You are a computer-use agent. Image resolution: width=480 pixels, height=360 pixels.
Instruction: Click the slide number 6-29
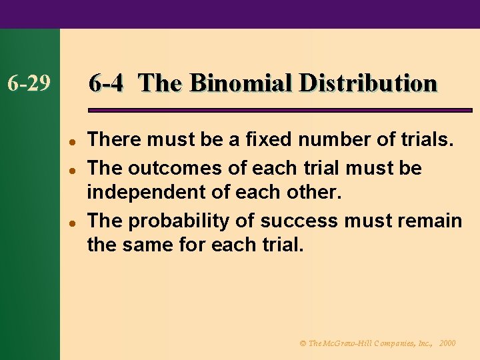[x=29, y=84]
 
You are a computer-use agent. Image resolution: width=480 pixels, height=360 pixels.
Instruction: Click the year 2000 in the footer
[x=447, y=343]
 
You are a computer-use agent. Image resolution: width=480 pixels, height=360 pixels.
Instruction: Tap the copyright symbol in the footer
[x=303, y=343]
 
